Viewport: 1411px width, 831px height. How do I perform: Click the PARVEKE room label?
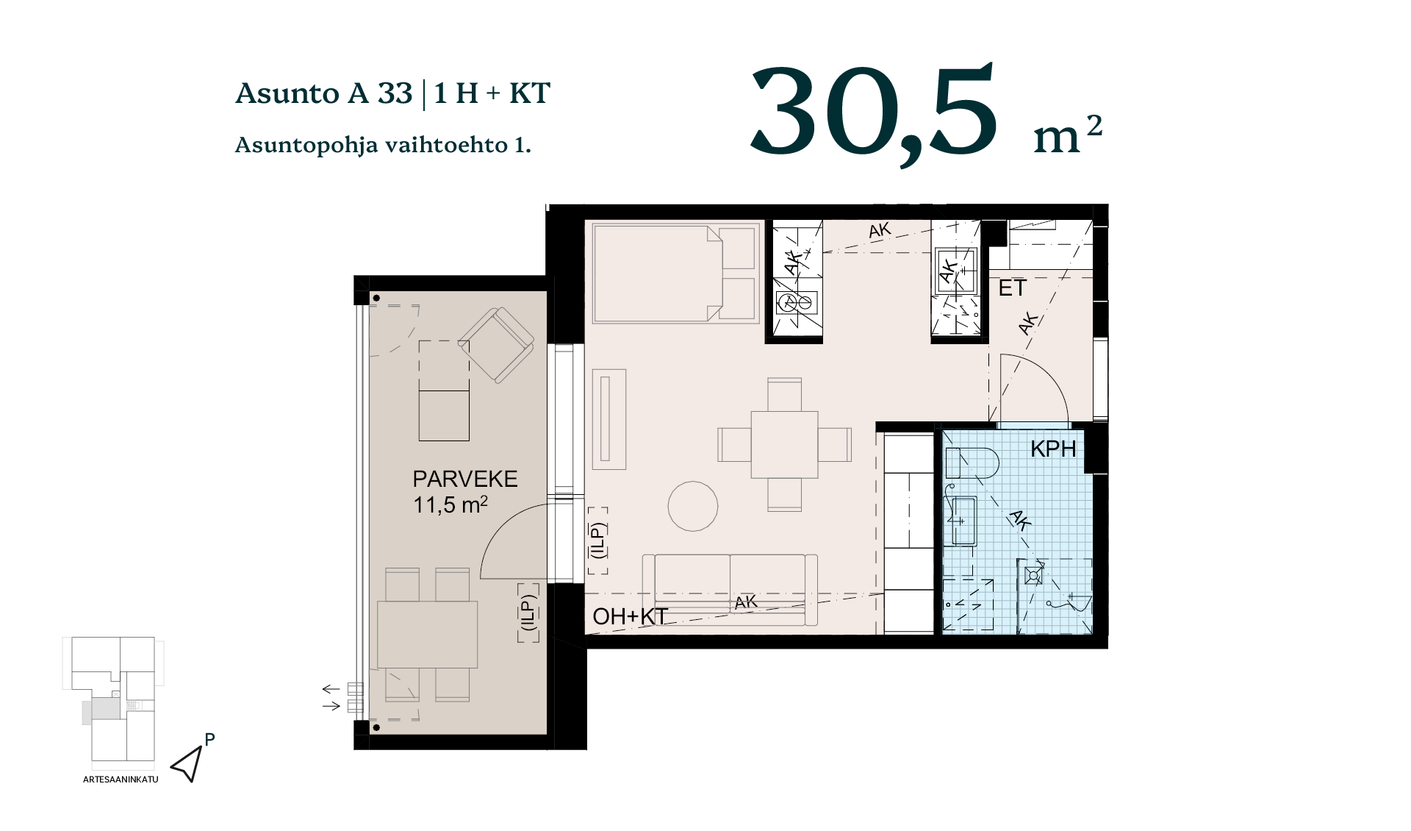click(465, 479)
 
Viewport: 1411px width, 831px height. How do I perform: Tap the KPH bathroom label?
click(1053, 449)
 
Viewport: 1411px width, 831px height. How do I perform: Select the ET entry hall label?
click(1012, 288)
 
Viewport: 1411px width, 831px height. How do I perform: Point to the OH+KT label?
click(630, 616)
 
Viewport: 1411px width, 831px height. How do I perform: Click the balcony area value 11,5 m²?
click(450, 505)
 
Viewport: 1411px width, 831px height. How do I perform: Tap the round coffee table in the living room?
click(693, 506)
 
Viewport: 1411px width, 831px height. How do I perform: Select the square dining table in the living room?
click(784, 445)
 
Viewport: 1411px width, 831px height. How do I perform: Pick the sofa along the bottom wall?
click(730, 590)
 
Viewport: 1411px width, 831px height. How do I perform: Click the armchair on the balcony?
click(496, 345)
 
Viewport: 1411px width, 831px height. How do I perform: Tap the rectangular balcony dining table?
click(427, 635)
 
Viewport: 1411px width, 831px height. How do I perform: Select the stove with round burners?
click(797, 302)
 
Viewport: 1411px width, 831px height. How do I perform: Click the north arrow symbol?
click(187, 765)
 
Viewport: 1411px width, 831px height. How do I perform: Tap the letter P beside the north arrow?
click(210, 740)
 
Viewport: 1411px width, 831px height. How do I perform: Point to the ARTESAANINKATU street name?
click(121, 780)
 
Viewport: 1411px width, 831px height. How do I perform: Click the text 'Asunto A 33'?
click(323, 93)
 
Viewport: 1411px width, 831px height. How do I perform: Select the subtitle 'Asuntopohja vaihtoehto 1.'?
click(383, 145)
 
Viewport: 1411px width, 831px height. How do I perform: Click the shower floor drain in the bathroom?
click(1033, 575)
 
